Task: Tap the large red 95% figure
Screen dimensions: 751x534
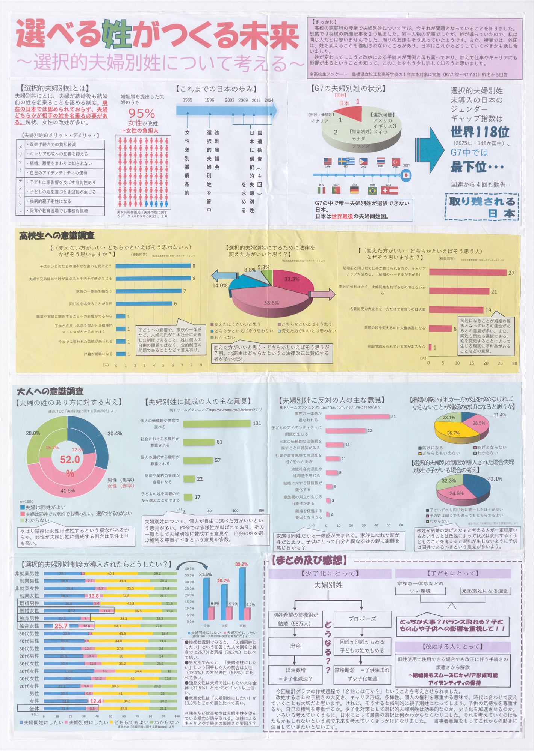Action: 142,113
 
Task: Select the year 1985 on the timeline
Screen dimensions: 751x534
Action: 188,100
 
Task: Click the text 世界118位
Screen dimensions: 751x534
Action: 480,132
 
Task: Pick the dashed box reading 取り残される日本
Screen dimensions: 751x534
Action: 482,207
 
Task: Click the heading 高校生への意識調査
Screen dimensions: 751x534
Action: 57,236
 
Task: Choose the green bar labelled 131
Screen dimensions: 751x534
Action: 217,424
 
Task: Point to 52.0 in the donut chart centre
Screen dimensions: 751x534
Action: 70,460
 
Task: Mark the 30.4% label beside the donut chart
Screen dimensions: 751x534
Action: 115,433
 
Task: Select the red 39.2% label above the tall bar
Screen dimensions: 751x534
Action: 241,564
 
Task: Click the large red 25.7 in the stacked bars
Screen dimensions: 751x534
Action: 61,626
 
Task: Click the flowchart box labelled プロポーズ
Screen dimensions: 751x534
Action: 362,618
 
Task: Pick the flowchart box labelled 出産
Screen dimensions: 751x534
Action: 295,646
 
